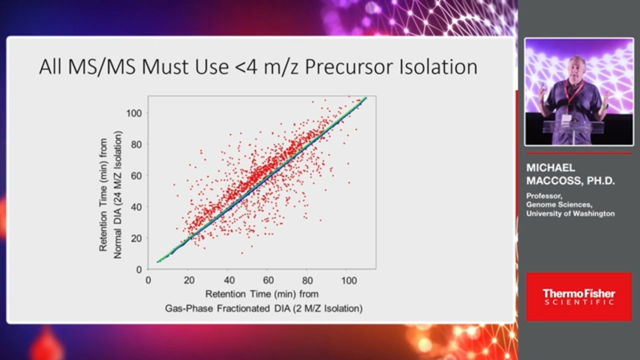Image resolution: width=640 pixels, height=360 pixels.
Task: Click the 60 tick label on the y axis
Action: point(136,175)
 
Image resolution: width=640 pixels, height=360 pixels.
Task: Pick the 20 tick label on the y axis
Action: point(136,238)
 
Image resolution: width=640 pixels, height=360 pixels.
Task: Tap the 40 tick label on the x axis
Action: point(229,280)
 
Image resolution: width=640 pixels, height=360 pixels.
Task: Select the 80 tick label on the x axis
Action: point(307,280)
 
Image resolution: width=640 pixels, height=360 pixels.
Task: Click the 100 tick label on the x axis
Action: point(349,280)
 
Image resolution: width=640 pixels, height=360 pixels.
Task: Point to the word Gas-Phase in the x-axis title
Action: point(189,308)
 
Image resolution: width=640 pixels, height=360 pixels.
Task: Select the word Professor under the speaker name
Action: point(544,196)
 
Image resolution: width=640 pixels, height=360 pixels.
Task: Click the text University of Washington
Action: point(570,213)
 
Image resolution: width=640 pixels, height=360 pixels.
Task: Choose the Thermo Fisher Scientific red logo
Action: point(578,296)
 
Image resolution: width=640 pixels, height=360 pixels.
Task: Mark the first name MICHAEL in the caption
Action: point(550,167)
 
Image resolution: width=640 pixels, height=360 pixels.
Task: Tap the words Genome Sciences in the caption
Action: point(559,204)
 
